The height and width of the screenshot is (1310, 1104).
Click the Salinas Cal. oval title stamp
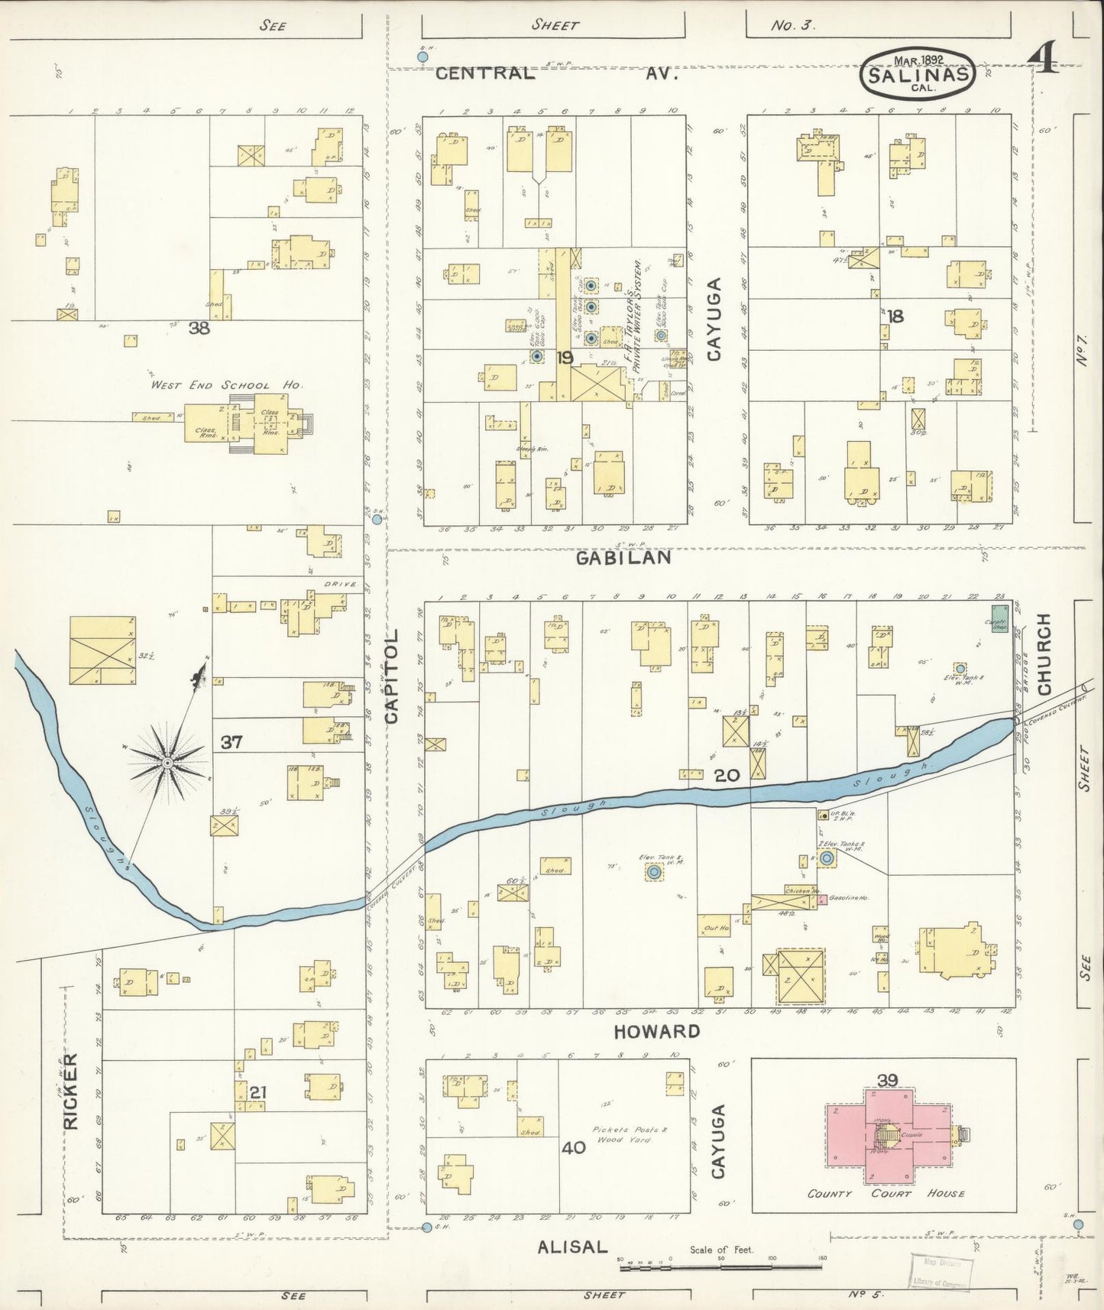coord(918,74)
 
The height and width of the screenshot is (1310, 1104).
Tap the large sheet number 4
coord(1043,57)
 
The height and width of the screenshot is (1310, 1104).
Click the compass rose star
coord(167,762)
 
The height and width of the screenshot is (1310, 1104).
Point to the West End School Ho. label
coord(225,385)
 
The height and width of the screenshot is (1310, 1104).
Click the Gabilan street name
coord(623,557)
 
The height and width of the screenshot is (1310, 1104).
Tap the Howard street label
coord(657,1031)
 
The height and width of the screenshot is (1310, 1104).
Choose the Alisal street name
coord(572,1247)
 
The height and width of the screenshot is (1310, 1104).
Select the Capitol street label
coord(392,676)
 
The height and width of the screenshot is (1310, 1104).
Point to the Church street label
coord(1044,654)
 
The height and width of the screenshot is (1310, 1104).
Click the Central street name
coord(485,73)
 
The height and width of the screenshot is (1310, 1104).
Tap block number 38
coord(199,328)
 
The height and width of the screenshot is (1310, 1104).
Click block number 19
coord(565,357)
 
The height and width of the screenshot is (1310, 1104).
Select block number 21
coord(258,1092)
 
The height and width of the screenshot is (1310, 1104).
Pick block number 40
coord(573,1147)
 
